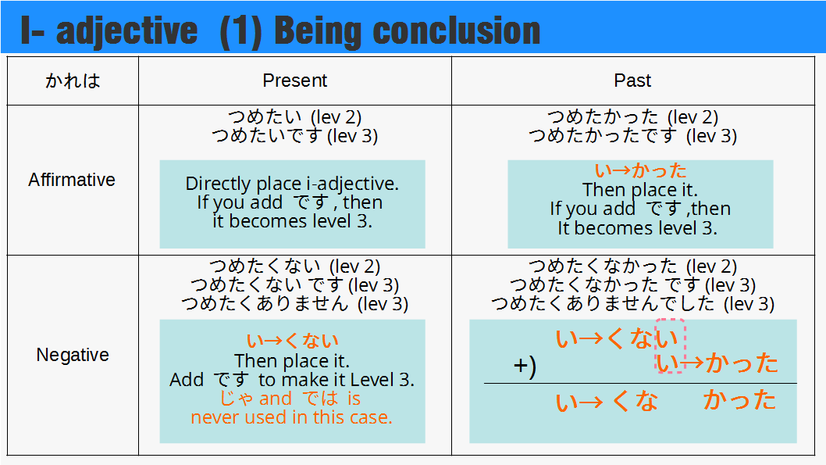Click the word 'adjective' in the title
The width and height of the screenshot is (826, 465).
coord(127,31)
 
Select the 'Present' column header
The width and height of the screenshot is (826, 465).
coord(295,80)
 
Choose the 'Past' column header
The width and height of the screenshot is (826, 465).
coord(632,80)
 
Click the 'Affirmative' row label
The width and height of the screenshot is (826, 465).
coord(72,180)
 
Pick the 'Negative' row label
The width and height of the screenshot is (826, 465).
coord(73,355)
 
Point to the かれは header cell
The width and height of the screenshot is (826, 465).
coord(73,80)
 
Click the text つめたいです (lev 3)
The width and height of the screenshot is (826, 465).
coord(295,136)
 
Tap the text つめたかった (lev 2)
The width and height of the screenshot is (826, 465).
coord(632,117)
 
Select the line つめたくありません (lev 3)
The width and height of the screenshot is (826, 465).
coord(295,304)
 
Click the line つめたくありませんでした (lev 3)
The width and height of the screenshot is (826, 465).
coord(632,304)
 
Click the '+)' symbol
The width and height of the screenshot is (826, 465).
coord(525,366)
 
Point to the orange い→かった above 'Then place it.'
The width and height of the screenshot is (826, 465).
coord(640,170)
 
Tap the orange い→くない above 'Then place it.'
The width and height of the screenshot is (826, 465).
coord(292,341)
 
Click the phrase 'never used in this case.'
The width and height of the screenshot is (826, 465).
coord(292,417)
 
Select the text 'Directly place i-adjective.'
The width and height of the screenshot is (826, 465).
coord(292,184)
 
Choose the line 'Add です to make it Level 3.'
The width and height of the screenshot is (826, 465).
coord(292,380)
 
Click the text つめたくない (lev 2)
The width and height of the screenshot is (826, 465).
coord(295,266)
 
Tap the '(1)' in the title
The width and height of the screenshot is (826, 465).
coord(240,31)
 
